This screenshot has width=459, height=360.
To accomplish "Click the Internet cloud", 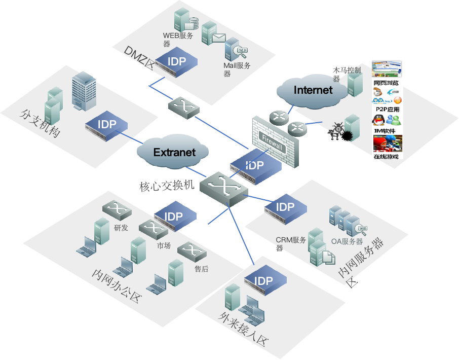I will [313, 90].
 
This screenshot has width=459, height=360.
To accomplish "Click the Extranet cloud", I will [174, 152].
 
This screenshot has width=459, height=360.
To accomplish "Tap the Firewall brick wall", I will [275, 140].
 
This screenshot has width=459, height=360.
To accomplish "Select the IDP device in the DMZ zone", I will [176, 62].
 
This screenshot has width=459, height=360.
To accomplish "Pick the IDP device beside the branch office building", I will [106, 125].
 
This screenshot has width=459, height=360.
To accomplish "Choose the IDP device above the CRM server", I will [285, 207].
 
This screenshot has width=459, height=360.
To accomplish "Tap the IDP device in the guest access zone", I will [264, 281].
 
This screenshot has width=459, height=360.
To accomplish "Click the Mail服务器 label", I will [237, 69].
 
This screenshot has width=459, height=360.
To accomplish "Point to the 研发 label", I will [121, 228].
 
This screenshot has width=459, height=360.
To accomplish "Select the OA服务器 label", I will [347, 242].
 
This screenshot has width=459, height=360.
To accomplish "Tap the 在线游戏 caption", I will [386, 157].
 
